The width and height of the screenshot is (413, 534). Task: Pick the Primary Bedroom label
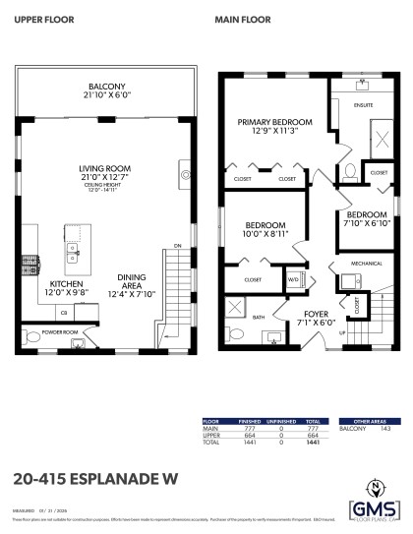pyautogui.click(x=274, y=122)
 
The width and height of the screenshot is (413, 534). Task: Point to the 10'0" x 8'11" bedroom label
pyautogui.click(x=266, y=223)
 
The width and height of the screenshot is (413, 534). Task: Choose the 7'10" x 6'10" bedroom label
pyautogui.click(x=368, y=215)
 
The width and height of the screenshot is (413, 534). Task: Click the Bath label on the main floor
pyautogui.click(x=257, y=317)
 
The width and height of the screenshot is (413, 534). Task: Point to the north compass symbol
pyautogui.click(x=374, y=485)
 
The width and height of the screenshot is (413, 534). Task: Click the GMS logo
pyautogui.click(x=374, y=507)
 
